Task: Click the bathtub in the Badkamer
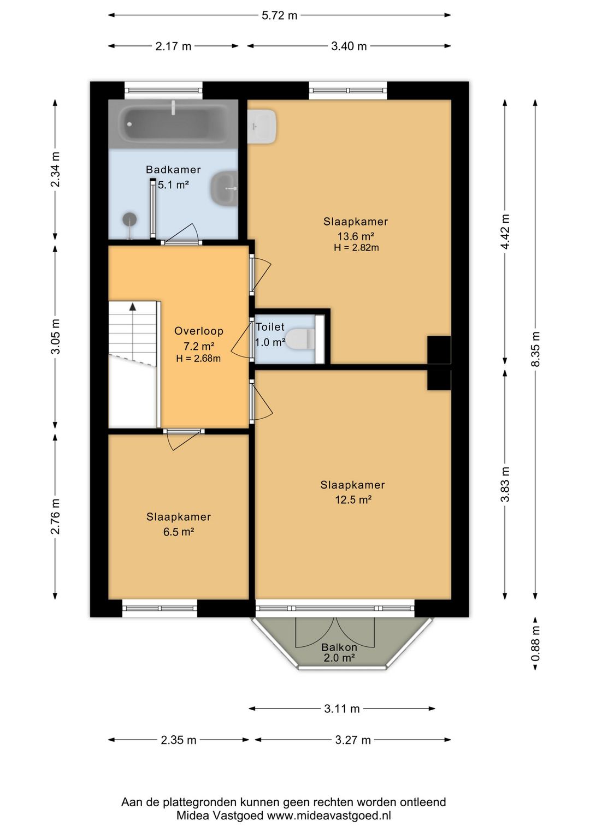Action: pos(173,124)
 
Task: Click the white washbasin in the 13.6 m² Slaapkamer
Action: pos(262,126)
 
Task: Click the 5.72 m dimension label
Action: pos(279,16)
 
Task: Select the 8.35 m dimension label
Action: pos(535,349)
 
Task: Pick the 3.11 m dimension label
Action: pos(342,709)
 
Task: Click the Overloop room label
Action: pos(199,331)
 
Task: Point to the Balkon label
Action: pos(339,647)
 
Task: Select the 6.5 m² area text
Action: pos(179,532)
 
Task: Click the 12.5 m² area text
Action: pos(353,500)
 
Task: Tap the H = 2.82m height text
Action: pos(356,248)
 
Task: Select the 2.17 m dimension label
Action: pos(173,46)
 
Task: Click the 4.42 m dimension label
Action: pos(505,233)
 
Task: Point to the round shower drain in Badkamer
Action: pos(129,219)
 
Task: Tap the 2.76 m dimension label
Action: pos(55,516)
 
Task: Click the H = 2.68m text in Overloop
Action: pos(198,359)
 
